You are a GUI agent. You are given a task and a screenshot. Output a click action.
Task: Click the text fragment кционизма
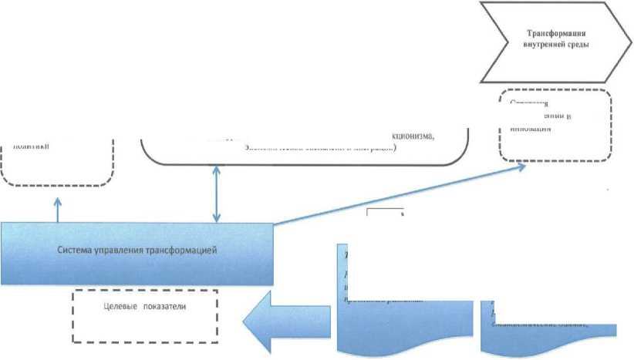[415, 136]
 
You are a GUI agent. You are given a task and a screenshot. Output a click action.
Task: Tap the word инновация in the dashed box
[530, 128]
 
